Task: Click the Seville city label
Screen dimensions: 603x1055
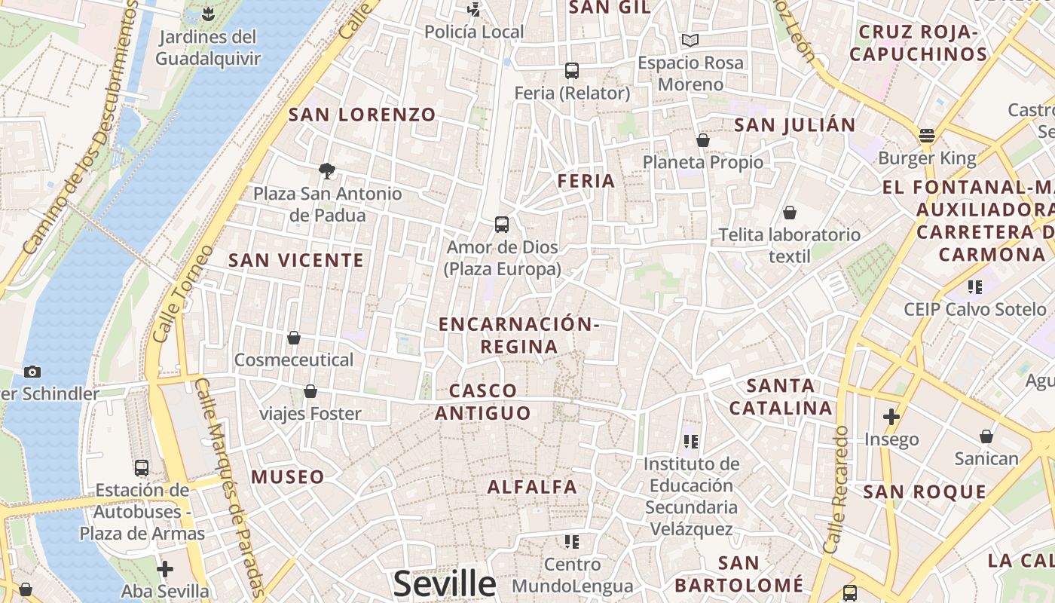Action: coord(445,584)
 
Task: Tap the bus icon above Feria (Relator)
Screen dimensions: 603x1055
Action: coord(572,71)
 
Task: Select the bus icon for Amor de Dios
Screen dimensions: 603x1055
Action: coord(502,224)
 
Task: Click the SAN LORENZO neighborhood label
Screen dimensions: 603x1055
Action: coord(362,115)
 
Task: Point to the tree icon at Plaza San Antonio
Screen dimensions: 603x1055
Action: coord(327,171)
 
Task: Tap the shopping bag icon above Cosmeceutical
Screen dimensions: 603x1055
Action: coord(294,338)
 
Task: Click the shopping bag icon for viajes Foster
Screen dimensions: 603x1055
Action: coord(310,391)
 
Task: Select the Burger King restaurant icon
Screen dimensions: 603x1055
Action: coord(927,136)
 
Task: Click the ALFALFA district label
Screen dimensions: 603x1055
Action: coord(532,487)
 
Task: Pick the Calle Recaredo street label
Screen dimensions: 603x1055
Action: coord(837,490)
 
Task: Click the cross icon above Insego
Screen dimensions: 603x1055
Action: coord(891,417)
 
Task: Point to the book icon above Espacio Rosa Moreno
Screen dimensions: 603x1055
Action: coord(690,40)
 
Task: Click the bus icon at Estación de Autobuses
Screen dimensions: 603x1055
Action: coord(142,467)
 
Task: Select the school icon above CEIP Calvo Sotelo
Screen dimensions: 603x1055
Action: coord(975,287)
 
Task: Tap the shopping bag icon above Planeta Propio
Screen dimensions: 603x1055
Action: coord(703,140)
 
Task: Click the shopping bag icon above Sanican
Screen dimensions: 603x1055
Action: coord(986,436)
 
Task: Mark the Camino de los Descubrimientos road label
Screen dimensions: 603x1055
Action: coord(79,128)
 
